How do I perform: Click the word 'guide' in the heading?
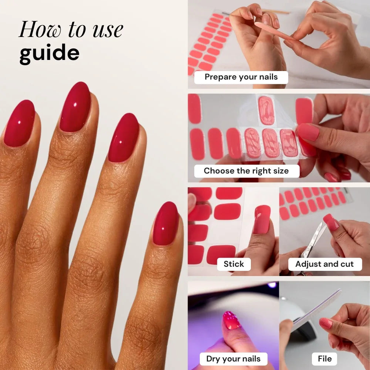(50, 54)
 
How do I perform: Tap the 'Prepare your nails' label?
(241, 77)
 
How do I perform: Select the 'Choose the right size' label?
(246, 171)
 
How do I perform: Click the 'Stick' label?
(233, 264)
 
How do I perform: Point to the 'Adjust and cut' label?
(325, 264)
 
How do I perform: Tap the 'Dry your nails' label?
(233, 359)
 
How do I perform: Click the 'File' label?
(324, 359)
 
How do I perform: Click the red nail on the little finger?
(166, 223)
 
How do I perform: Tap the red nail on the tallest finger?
(75, 107)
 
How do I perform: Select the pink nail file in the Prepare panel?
(274, 31)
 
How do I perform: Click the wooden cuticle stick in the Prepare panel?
(276, 11)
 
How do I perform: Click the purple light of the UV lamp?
(272, 285)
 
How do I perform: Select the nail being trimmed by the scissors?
(331, 222)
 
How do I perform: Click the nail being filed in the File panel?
(326, 323)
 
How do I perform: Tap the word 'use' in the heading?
(108, 30)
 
